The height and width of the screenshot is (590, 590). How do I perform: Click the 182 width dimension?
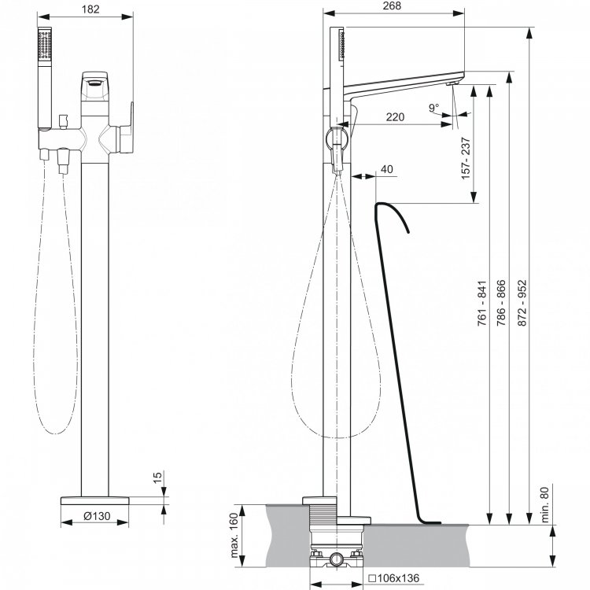90,9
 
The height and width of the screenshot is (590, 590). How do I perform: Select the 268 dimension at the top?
392,6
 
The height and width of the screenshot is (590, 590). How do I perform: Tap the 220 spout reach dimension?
395,117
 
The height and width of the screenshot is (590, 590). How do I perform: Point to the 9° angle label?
433,108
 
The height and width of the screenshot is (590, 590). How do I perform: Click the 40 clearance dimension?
387,169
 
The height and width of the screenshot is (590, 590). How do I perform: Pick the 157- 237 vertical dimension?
466,158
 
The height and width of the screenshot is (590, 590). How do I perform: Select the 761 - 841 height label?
482,303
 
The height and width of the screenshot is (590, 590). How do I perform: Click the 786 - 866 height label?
502,303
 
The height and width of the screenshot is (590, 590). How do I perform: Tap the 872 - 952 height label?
522,303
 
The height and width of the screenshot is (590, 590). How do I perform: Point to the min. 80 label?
544,504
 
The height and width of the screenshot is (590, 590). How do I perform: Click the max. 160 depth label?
234,535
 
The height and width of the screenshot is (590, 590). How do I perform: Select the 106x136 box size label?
393,578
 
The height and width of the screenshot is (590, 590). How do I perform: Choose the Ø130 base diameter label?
97,516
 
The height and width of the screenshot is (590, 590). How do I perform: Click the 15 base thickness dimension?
157,476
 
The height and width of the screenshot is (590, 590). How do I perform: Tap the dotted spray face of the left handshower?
44,45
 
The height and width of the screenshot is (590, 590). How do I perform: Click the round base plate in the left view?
95,500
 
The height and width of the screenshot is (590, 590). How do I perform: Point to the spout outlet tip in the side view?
452,83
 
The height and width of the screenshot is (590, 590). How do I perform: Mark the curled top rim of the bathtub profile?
391,212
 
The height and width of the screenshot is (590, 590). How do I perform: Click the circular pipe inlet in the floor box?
335,559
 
